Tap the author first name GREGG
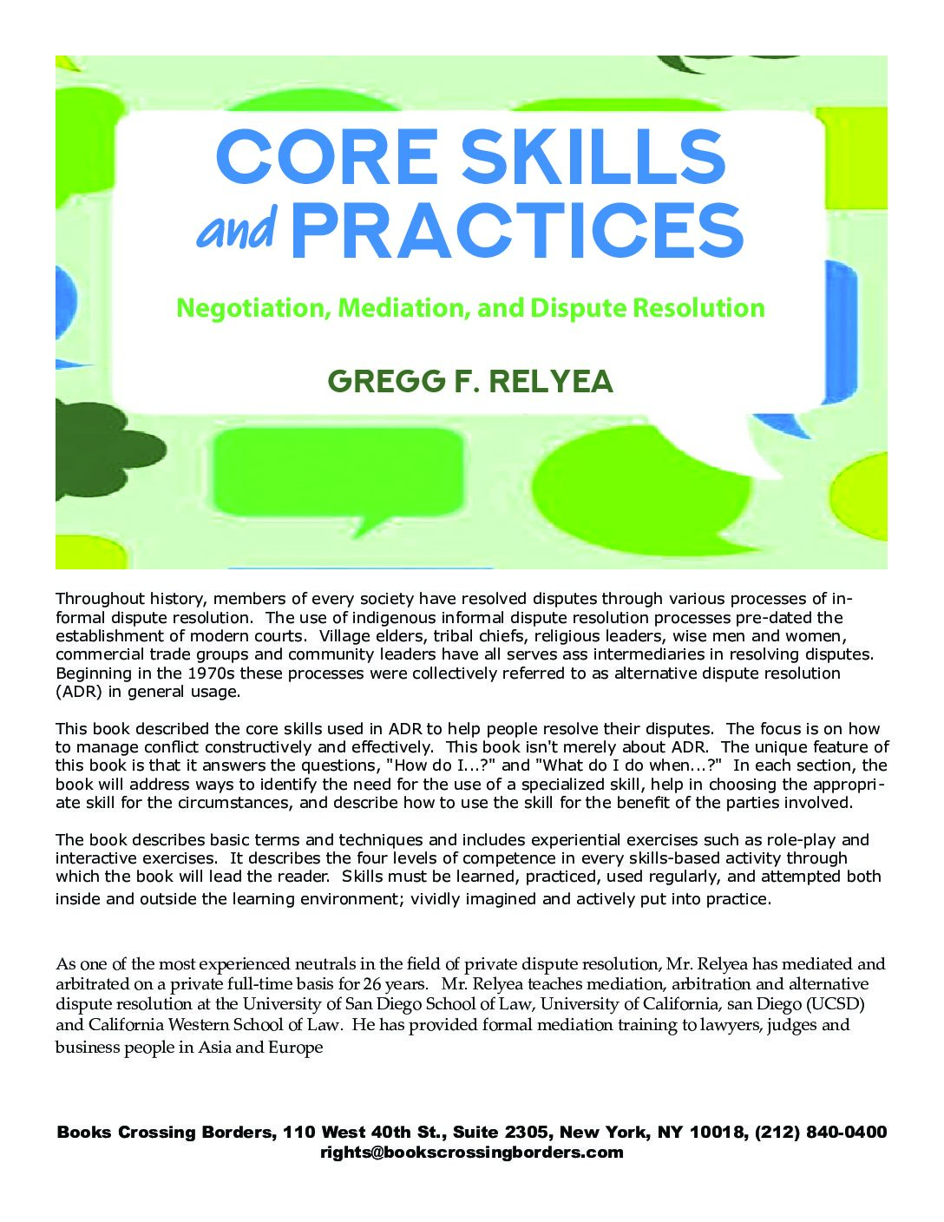379,381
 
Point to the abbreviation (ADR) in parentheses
79,692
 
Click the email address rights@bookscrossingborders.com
471,1153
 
